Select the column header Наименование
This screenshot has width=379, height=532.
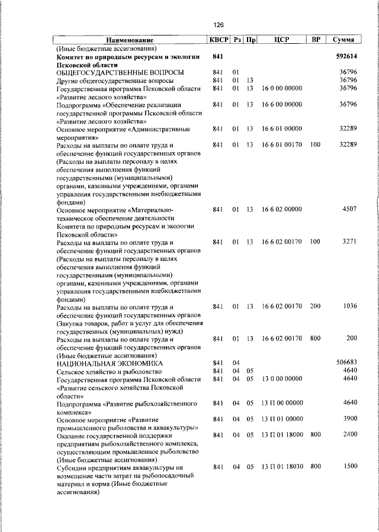(x=130, y=40)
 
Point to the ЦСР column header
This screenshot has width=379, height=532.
(x=281, y=40)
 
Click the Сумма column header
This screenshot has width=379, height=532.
(x=343, y=40)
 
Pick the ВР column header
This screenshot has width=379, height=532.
(x=316, y=40)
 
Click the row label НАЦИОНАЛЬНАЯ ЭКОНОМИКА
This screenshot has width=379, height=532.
(x=107, y=362)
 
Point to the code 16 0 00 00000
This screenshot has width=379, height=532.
(x=281, y=88)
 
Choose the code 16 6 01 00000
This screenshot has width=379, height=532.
(x=281, y=128)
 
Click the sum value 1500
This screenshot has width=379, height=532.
(x=349, y=467)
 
